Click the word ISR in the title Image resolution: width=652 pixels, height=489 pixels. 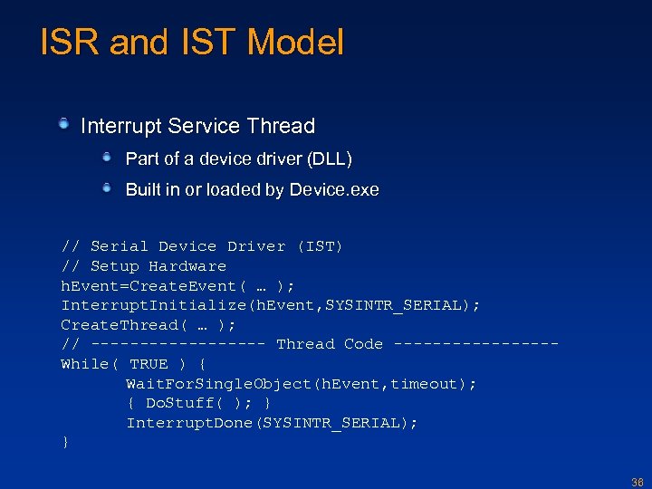[x=69, y=43]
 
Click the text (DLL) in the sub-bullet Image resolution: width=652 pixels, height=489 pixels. [x=330, y=159]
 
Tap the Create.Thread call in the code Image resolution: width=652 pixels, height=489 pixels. [x=114, y=325]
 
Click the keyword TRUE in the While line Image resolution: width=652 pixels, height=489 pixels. [x=149, y=364]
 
